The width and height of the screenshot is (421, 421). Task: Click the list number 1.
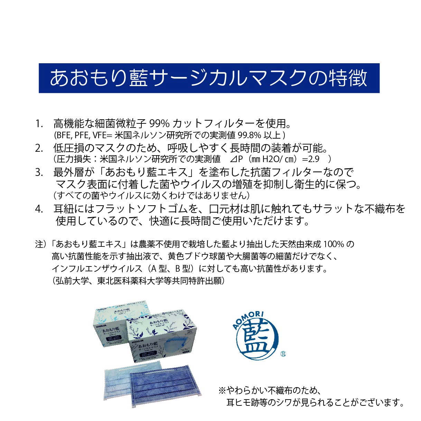click(39, 123)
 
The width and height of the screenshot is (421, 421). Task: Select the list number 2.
click(39, 148)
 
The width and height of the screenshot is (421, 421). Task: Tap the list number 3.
click(39, 172)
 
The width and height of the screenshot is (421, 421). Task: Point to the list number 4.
click(39, 209)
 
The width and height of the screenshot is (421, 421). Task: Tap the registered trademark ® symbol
click(283, 354)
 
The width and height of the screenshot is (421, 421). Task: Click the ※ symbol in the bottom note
click(222, 391)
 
